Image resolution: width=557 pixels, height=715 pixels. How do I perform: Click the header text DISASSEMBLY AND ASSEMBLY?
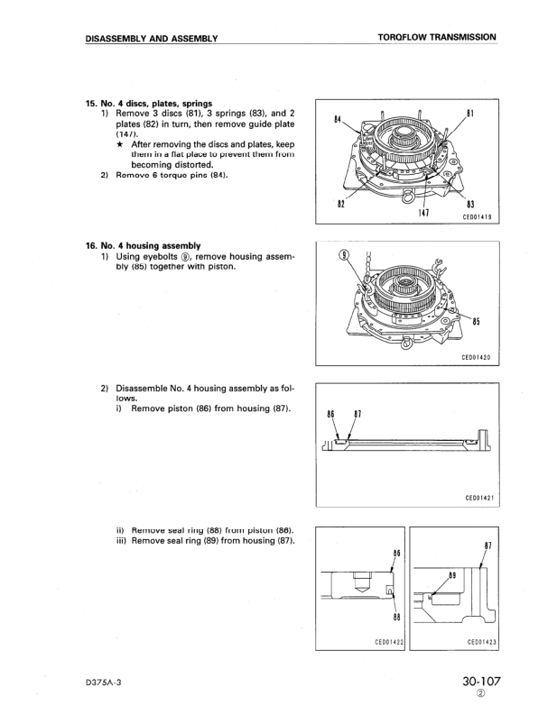pos(152,38)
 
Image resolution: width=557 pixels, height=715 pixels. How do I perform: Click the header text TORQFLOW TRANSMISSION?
pos(437,38)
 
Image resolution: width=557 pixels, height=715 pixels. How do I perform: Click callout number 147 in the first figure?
pos(423,214)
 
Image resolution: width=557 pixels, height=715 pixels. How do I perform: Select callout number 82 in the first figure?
pos(341,205)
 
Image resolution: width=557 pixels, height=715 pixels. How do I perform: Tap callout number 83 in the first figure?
pos(470,205)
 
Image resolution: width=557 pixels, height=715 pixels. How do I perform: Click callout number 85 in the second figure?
pos(475,322)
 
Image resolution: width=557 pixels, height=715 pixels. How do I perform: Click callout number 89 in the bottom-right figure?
pos(452,573)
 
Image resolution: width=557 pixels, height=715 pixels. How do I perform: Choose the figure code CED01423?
pos(479,641)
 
